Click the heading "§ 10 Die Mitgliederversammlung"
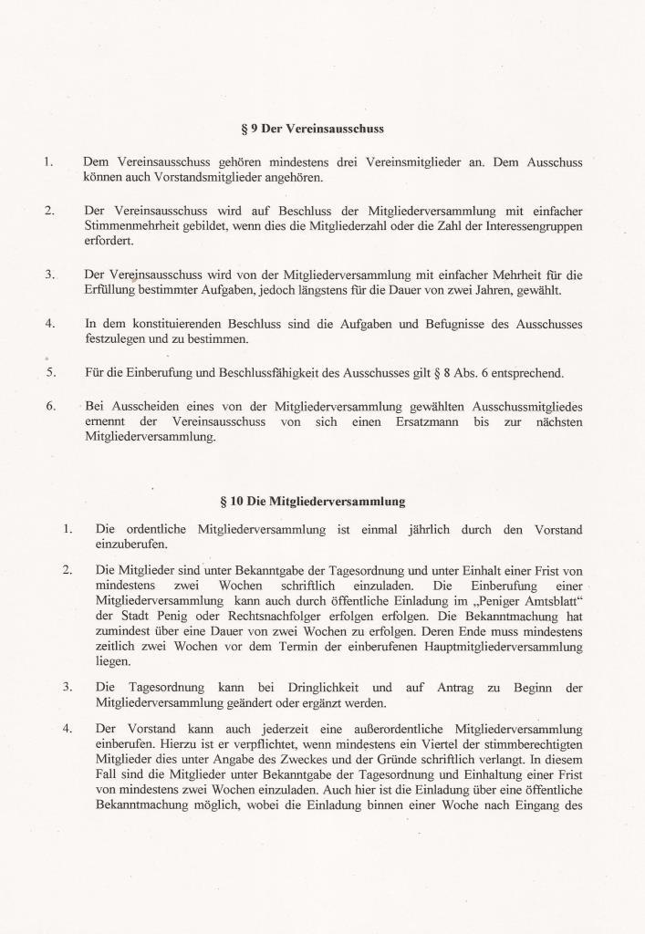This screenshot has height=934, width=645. (x=313, y=501)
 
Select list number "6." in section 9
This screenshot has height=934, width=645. (x=51, y=406)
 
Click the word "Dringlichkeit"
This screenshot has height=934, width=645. (x=319, y=687)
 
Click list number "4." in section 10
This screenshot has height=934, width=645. (x=68, y=729)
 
